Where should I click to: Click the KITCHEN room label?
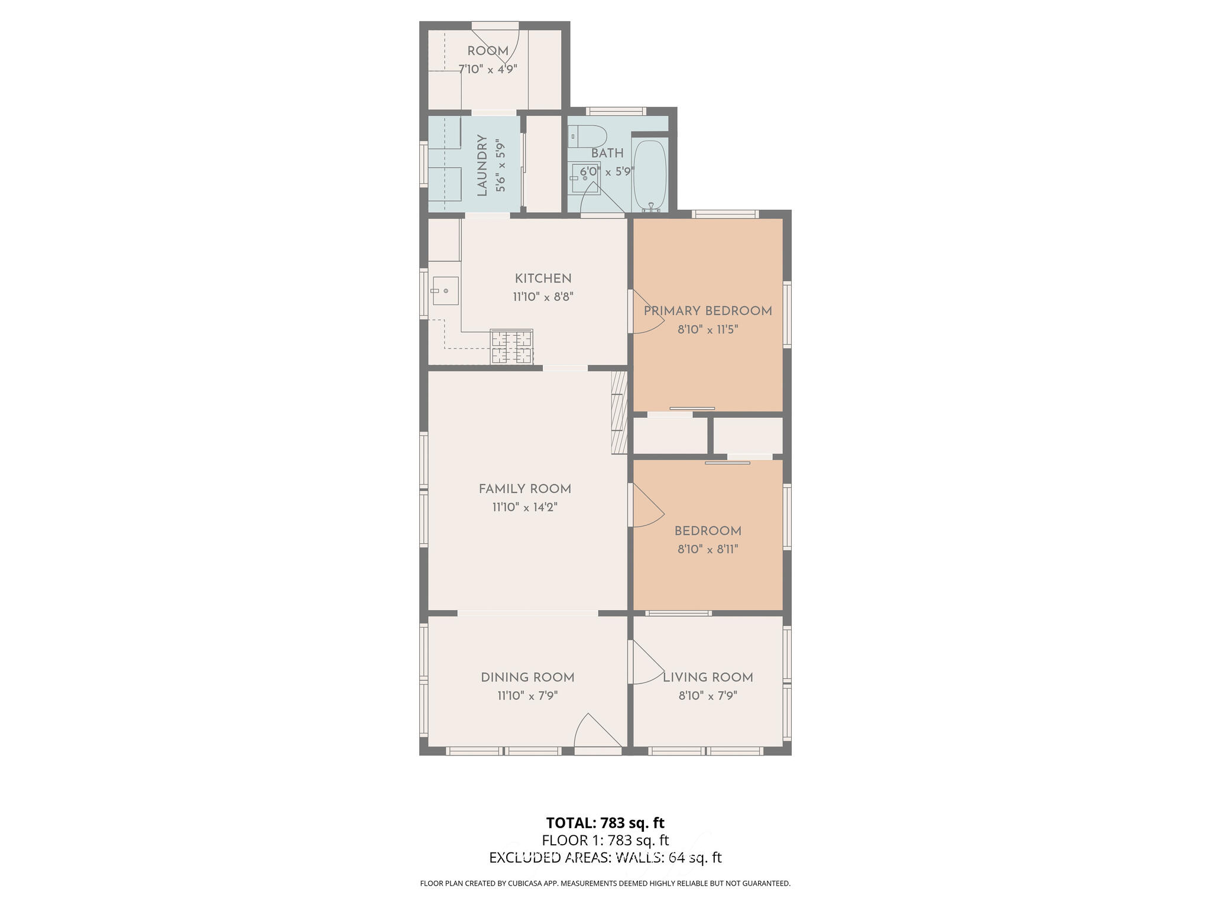[543, 278]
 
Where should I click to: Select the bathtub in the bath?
[650, 175]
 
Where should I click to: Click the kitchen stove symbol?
[511, 346]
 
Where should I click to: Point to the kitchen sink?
[445, 291]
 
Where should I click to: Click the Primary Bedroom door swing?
[646, 313]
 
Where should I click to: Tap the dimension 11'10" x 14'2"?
[524, 507]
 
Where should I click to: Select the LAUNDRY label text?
[482, 166]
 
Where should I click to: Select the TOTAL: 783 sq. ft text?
[605, 823]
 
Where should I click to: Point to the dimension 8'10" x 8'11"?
[708, 549]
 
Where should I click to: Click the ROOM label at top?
[488, 51]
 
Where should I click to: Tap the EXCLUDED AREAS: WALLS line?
[605, 858]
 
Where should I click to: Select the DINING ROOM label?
[527, 677]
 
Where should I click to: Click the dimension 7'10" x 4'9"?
[488, 69]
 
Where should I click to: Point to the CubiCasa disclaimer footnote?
[605, 884]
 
